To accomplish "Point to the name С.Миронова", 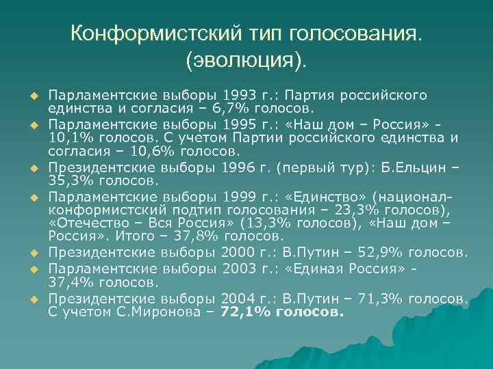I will click(159, 312).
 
